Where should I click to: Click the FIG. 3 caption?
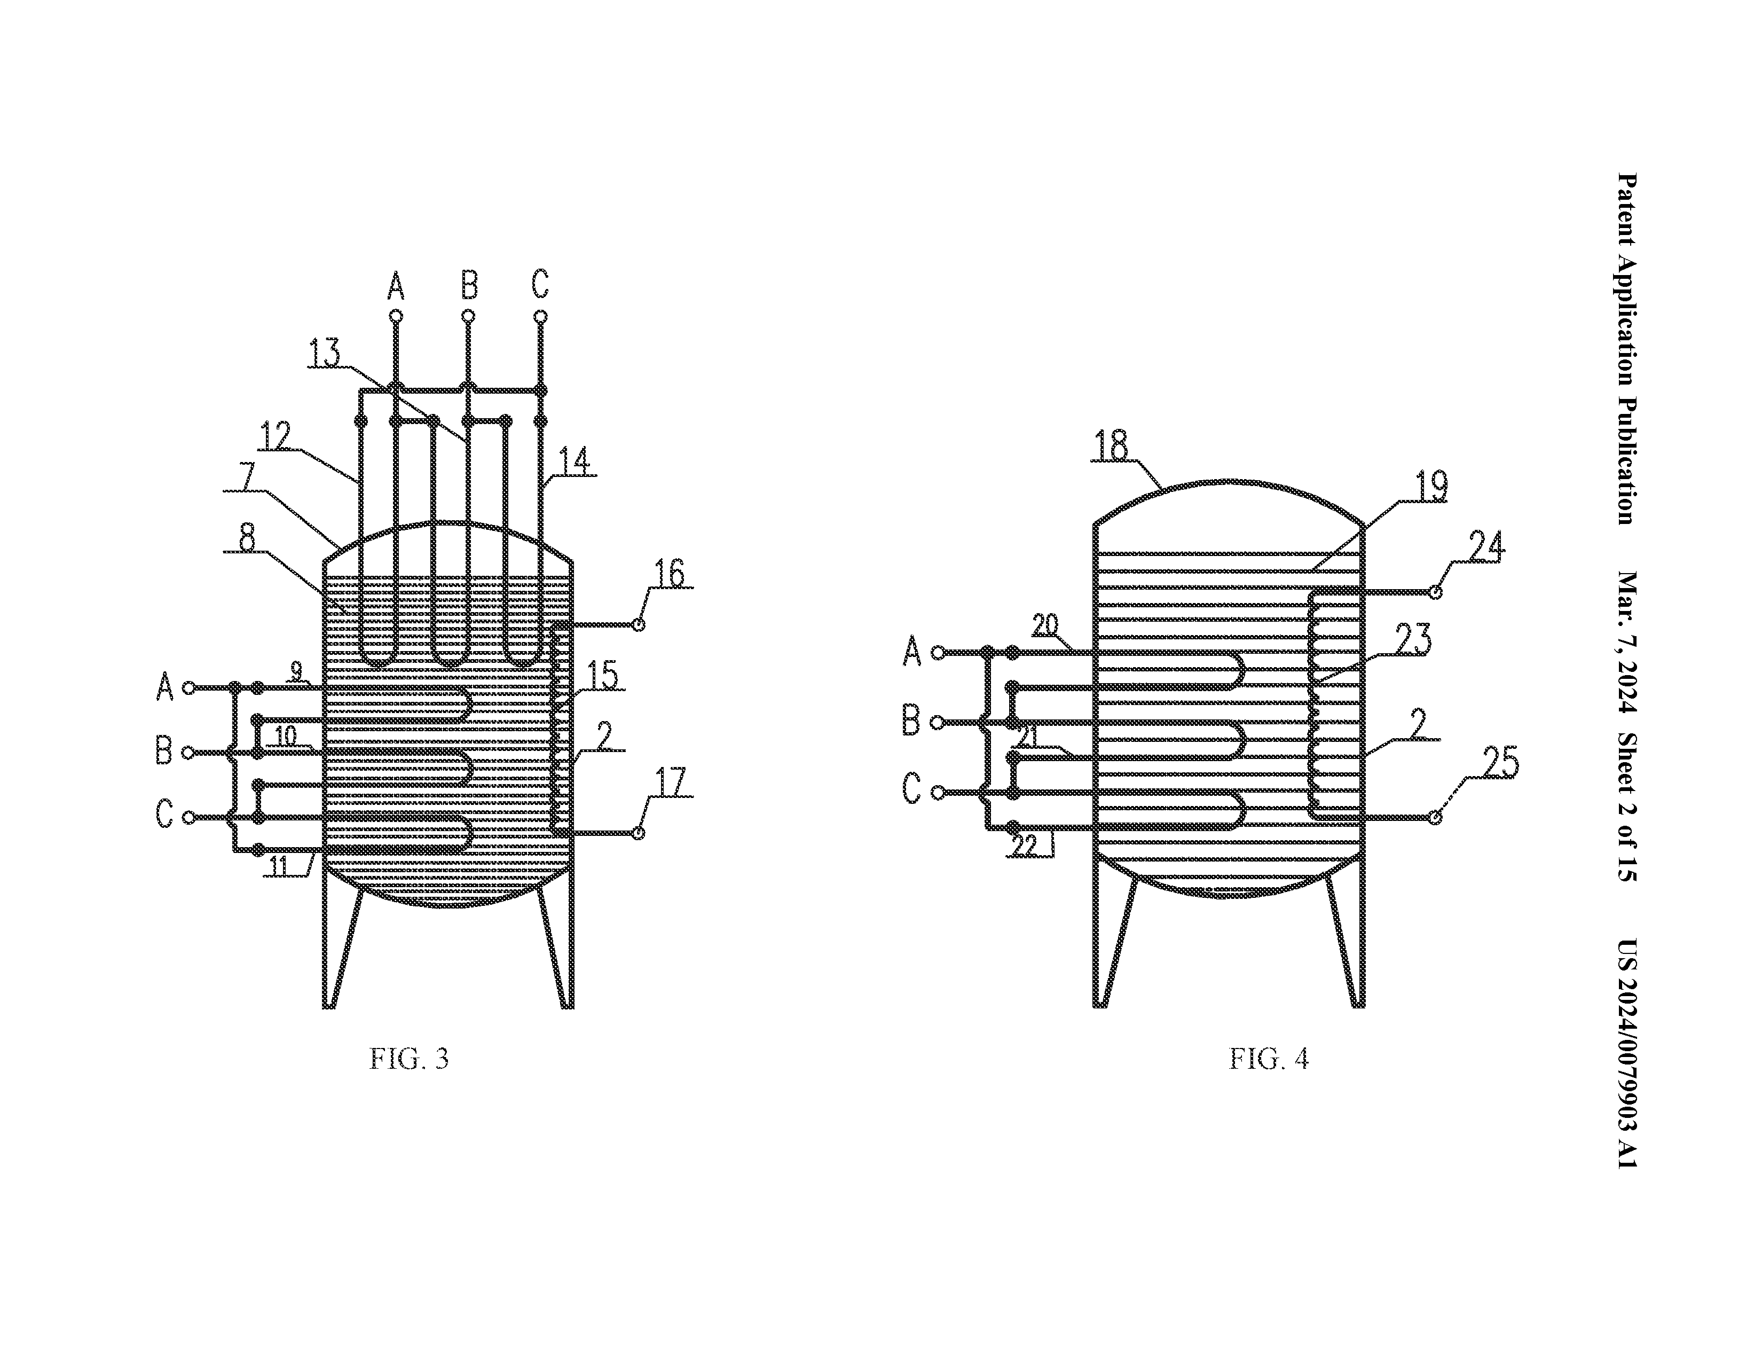tap(408, 1059)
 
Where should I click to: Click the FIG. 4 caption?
tap(1268, 1059)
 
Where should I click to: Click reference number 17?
tap(671, 782)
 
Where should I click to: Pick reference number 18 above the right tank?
tap(1112, 445)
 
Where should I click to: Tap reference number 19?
tap(1431, 487)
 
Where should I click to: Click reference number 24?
tap(1486, 546)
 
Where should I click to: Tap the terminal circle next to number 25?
tap(1435, 818)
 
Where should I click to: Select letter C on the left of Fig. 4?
tap(911, 788)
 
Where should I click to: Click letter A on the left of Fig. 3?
tap(164, 687)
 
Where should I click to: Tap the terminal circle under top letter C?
tap(540, 316)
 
